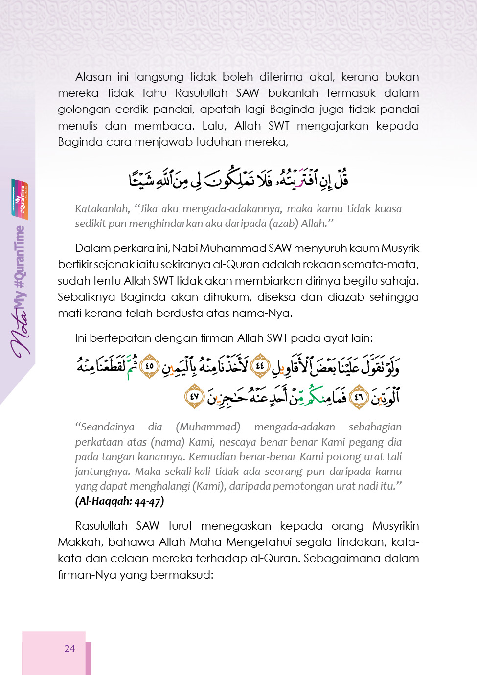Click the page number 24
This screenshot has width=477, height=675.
[69, 649]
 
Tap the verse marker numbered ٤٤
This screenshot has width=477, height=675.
[260, 365]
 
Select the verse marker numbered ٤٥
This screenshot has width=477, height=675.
[150, 366]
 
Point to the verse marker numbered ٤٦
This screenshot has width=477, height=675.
[359, 397]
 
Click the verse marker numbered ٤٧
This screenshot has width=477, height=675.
[194, 396]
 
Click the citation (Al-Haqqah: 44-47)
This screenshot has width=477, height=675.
[119, 501]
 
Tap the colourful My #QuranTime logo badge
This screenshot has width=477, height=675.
[20, 199]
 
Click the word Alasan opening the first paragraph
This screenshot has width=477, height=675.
[93, 77]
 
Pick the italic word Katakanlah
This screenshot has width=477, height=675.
[102, 209]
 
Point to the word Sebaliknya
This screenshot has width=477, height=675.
[85, 297]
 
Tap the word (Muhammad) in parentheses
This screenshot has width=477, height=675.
[208, 427]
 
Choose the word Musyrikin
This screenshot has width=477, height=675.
[395, 526]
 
